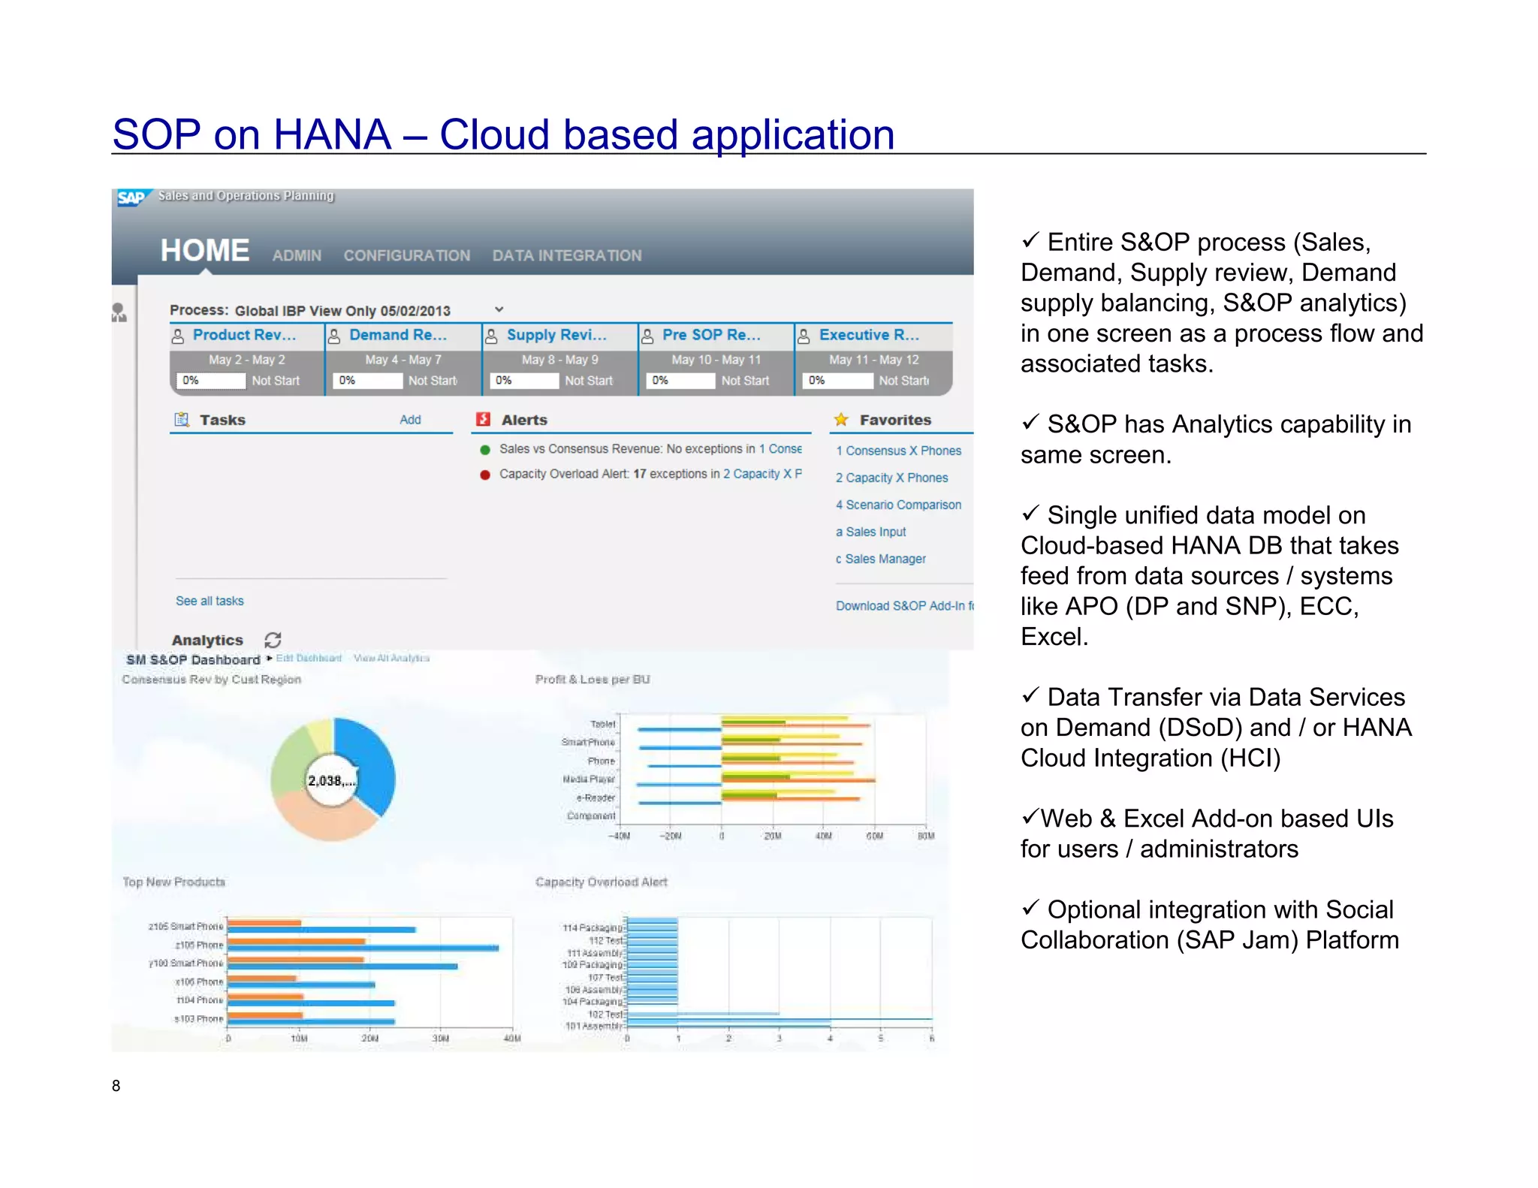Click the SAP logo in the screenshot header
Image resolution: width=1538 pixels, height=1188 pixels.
coord(131,197)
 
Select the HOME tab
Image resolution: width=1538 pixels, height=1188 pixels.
coord(204,251)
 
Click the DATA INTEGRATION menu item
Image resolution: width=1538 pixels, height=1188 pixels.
coord(566,256)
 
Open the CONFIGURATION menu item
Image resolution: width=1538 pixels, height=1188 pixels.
coord(406,256)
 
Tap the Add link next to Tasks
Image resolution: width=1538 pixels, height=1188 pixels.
coord(410,420)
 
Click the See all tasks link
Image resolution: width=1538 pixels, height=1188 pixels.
coord(210,601)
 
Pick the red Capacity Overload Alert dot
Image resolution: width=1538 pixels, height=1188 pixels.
coord(485,475)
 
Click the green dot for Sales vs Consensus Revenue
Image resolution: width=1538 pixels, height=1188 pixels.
coord(485,450)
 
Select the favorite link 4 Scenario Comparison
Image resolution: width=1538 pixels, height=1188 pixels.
coord(898,505)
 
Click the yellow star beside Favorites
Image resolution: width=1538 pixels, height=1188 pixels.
coord(841,420)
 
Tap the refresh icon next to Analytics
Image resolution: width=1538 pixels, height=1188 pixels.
coord(273,640)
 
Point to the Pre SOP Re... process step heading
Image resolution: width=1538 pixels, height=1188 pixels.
coord(710,335)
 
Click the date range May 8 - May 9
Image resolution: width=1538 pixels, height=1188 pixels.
coord(559,360)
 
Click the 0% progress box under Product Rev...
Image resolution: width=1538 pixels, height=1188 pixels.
coord(210,381)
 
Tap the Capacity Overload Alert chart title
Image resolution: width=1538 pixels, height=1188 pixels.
coord(601,882)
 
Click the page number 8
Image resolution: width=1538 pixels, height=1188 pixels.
coord(116,1085)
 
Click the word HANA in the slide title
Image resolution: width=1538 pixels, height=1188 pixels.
coord(332,135)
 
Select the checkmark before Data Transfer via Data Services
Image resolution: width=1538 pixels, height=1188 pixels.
coord(1030,695)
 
